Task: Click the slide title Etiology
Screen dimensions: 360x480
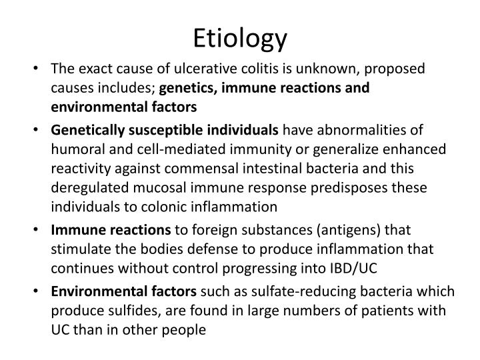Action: [240, 39]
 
